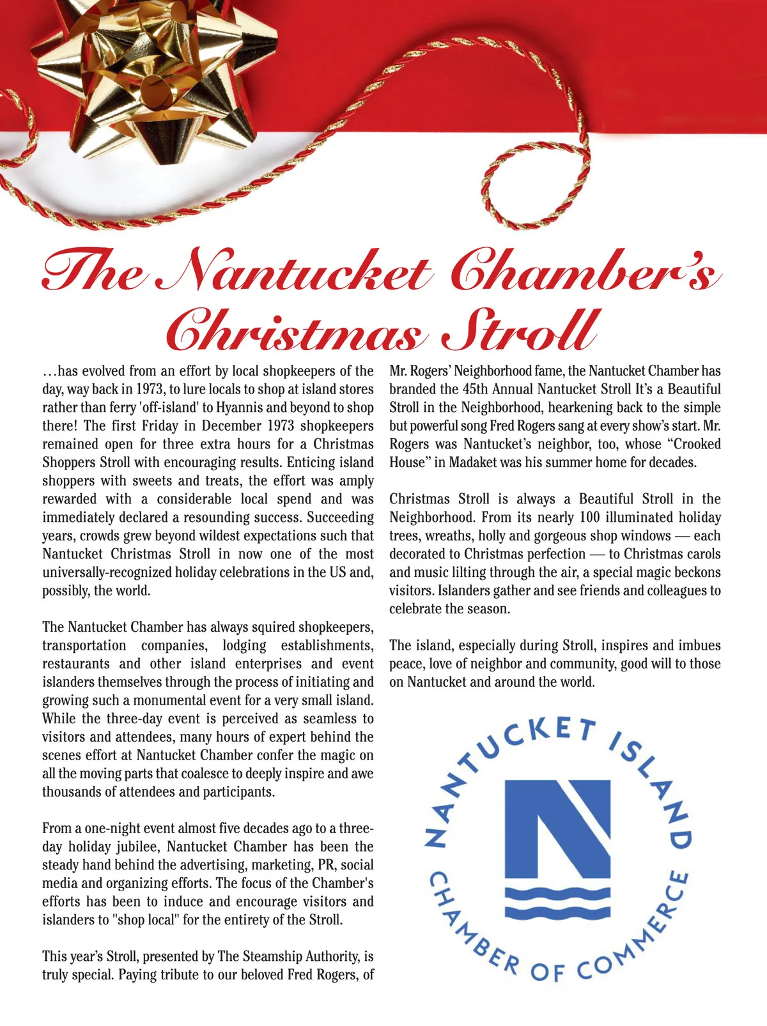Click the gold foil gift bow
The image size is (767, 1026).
[157, 70]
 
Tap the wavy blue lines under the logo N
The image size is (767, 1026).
[557, 901]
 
